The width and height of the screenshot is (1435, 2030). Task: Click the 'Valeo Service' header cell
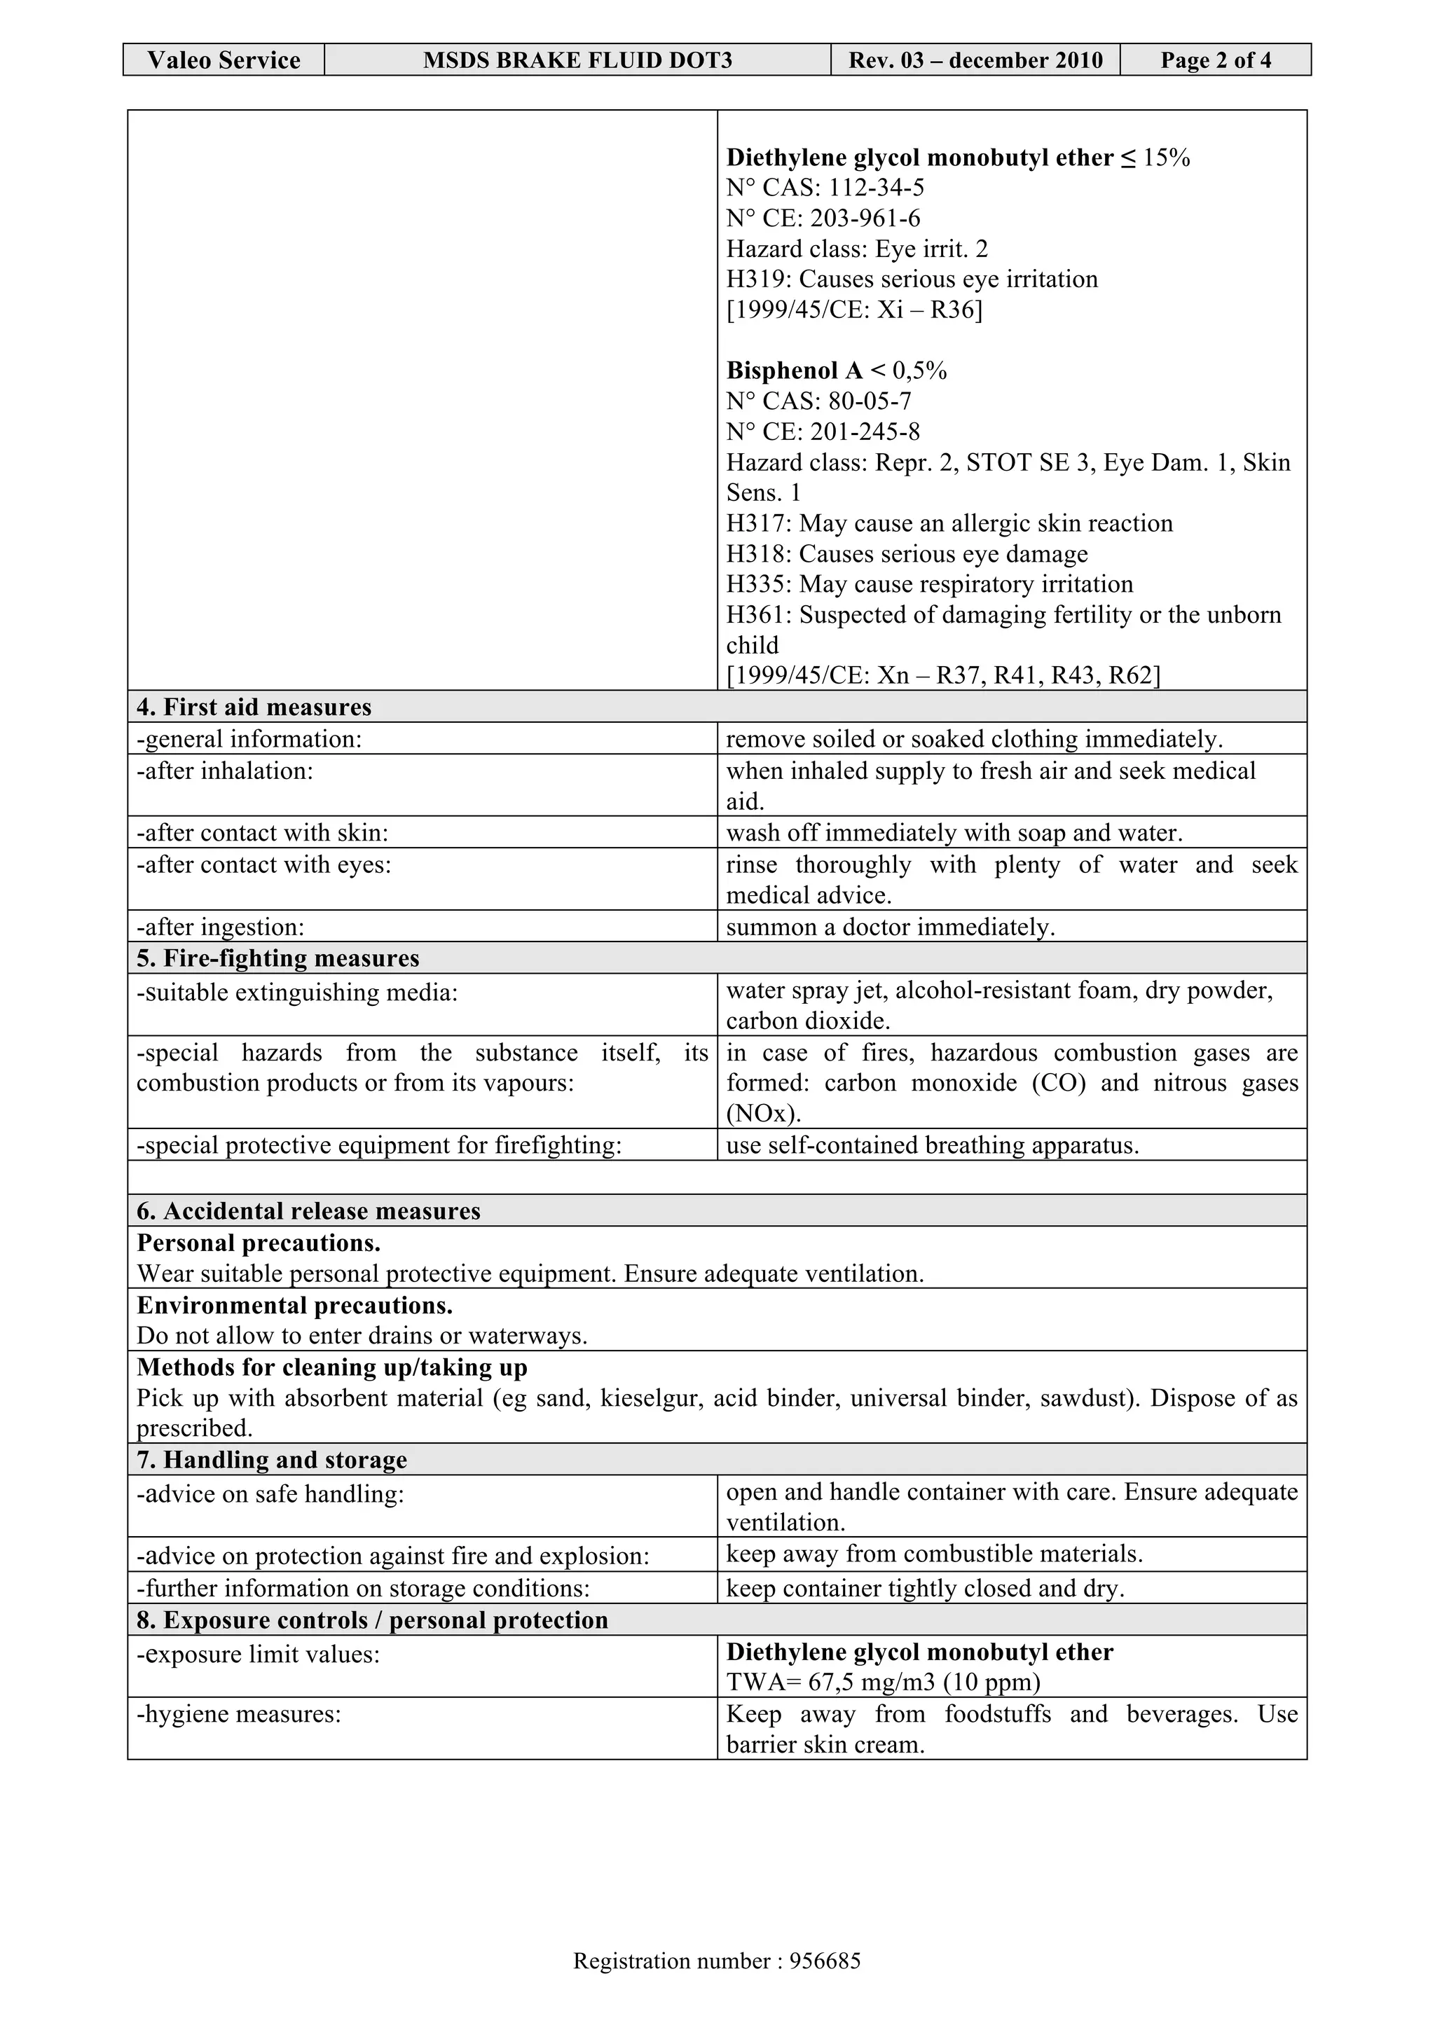click(x=224, y=60)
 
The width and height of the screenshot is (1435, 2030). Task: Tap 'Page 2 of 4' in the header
click(x=1216, y=60)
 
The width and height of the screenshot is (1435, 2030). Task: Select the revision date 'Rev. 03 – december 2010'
click(x=975, y=60)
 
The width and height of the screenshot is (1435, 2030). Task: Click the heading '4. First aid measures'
click(x=254, y=707)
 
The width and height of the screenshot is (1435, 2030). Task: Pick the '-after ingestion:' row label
click(x=220, y=927)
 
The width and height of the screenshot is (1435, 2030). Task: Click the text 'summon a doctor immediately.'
click(x=891, y=927)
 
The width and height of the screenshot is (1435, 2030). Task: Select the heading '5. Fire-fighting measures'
click(x=277, y=958)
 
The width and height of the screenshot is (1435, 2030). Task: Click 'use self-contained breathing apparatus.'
click(x=932, y=1145)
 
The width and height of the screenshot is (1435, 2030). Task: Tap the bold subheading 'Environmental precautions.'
click(x=294, y=1305)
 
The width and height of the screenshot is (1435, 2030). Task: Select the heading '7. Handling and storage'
click(x=271, y=1460)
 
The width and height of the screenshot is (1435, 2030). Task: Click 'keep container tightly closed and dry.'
click(x=925, y=1588)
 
